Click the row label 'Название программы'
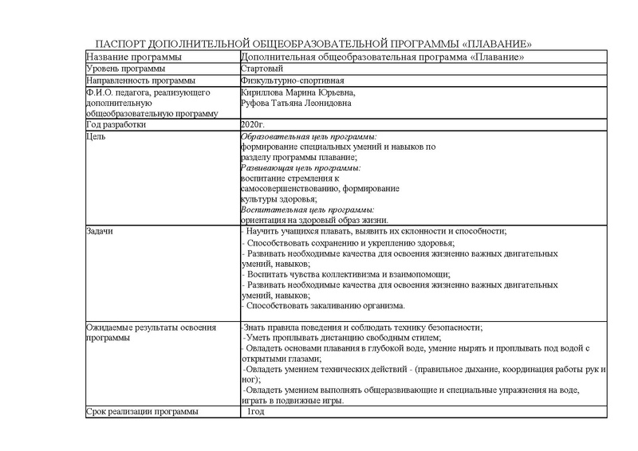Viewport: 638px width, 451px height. (x=133, y=57)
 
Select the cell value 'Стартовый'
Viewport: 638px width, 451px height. (x=262, y=69)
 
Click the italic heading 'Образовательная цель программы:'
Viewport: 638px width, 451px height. (x=309, y=138)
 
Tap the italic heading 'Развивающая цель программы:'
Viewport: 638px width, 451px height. (x=301, y=168)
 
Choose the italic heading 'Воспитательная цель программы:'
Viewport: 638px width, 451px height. (x=307, y=209)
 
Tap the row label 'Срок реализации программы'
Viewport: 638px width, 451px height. (x=142, y=412)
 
